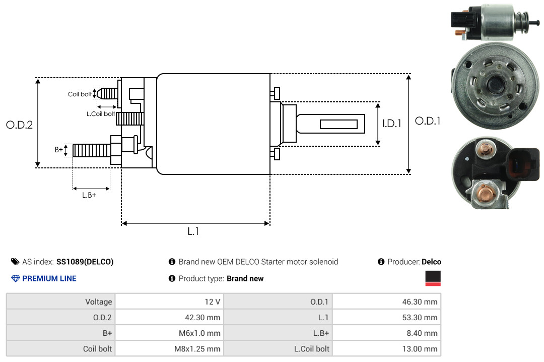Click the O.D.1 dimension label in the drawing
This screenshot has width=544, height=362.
428,121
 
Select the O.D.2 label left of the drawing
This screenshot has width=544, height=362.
19,125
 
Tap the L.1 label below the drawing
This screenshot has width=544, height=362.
193,231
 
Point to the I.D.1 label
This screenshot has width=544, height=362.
391,123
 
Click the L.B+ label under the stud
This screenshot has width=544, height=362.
89,195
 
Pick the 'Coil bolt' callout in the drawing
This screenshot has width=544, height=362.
80,94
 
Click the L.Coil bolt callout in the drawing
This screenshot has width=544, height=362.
101,114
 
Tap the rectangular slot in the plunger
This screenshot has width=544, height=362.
338,124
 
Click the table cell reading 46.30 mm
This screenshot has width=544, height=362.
386,301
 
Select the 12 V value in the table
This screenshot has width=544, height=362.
211,301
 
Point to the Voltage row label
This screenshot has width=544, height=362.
99,301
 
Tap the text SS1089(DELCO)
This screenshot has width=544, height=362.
85,262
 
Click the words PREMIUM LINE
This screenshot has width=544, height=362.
49,278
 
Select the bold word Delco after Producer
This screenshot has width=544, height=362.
431,262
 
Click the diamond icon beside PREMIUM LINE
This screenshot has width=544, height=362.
15,278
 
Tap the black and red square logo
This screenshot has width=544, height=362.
433,278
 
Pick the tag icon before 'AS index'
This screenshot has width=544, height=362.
15,262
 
